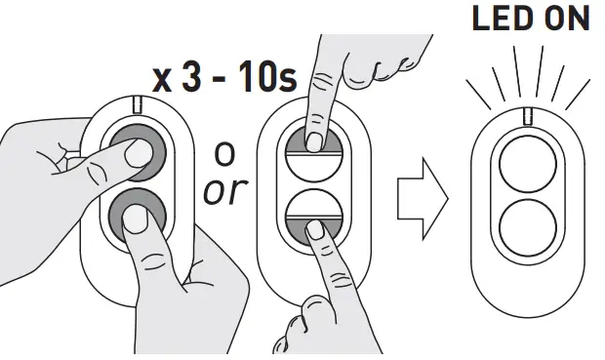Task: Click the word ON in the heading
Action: (565, 20)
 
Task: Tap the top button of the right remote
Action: (527, 163)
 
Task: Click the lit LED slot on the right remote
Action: (527, 117)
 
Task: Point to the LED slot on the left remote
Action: (139, 104)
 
